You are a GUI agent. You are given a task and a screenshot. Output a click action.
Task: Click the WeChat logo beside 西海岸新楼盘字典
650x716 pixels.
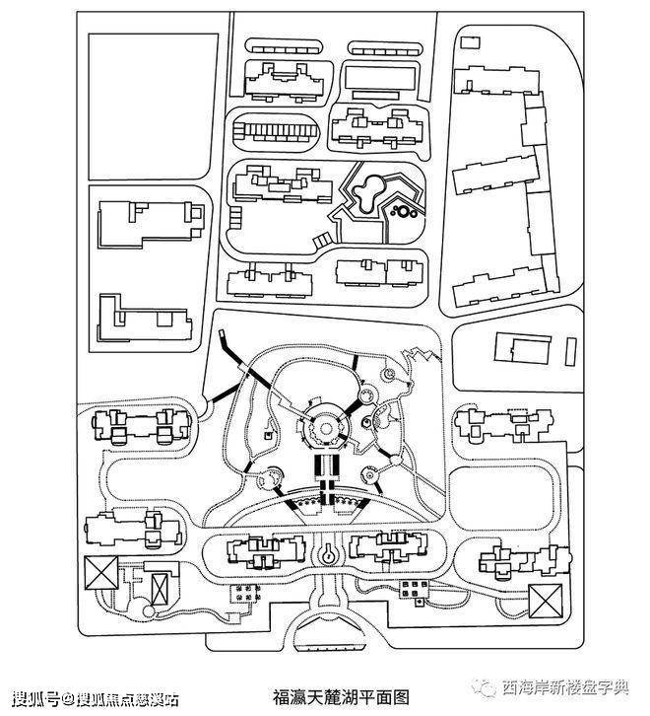(x=487, y=688)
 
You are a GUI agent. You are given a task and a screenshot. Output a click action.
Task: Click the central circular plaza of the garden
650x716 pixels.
(x=322, y=426)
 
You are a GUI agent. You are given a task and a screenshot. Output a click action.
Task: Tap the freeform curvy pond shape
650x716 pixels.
(x=372, y=192)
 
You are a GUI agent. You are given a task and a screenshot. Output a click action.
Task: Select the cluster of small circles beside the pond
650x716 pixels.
(x=404, y=208)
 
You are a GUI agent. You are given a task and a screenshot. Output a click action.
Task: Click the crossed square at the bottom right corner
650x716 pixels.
(x=544, y=600)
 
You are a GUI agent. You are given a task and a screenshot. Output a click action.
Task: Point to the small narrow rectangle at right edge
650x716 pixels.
(x=571, y=350)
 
